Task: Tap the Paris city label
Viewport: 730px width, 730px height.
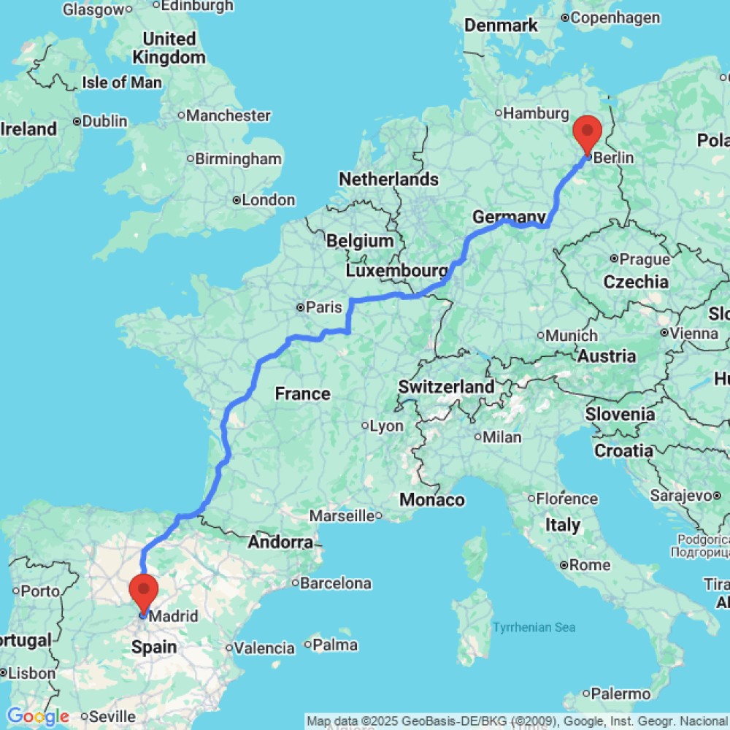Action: tap(323, 308)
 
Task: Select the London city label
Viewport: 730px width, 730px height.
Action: tap(268, 200)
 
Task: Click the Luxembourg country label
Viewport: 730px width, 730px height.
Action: tap(396, 271)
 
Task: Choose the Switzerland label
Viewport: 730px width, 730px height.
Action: tap(446, 386)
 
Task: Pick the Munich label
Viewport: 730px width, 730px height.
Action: tap(572, 335)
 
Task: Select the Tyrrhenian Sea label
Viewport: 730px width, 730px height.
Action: tap(534, 627)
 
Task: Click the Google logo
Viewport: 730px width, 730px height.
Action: tap(38, 717)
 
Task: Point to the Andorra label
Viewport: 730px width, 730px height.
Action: tap(281, 542)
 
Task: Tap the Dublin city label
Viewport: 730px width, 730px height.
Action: tap(104, 121)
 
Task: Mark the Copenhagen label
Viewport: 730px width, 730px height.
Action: tap(616, 17)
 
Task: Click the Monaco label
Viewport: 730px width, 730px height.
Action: tap(431, 500)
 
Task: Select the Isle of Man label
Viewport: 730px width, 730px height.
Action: tap(122, 82)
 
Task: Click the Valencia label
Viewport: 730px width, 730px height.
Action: tap(265, 648)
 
